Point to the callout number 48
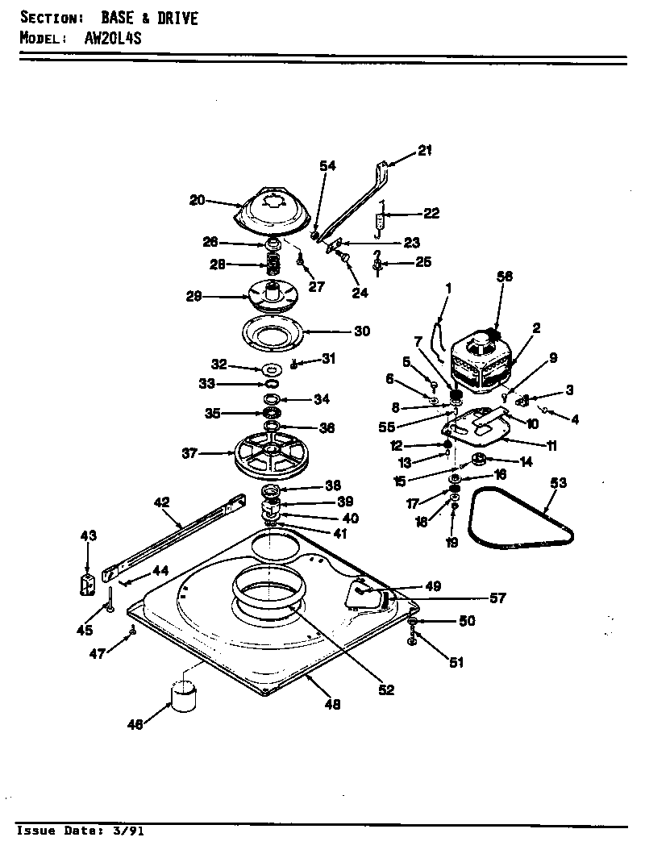[x=332, y=704]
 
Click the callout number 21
[x=425, y=148]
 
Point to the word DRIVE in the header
[x=169, y=18]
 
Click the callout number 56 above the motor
[x=505, y=276]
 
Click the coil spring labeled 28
[x=273, y=263]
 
